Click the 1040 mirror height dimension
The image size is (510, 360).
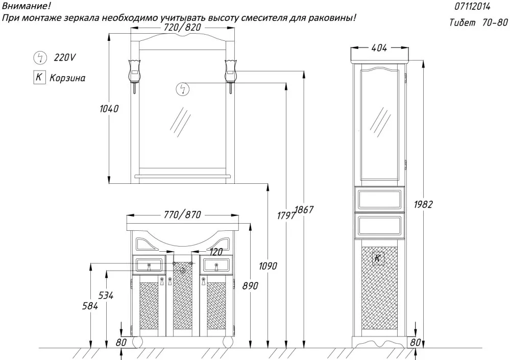tap(109, 109)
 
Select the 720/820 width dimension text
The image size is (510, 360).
tap(183, 27)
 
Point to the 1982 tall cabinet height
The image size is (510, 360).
tap(423, 204)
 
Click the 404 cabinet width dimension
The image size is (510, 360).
tap(378, 48)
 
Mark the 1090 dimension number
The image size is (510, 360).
tap(268, 266)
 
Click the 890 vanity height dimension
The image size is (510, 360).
tap(250, 286)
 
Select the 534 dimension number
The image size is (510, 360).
tap(106, 296)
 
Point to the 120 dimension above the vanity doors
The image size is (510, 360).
tap(216, 252)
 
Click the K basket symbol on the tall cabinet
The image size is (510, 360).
tap(378, 258)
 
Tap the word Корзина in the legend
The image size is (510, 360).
tap(67, 78)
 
